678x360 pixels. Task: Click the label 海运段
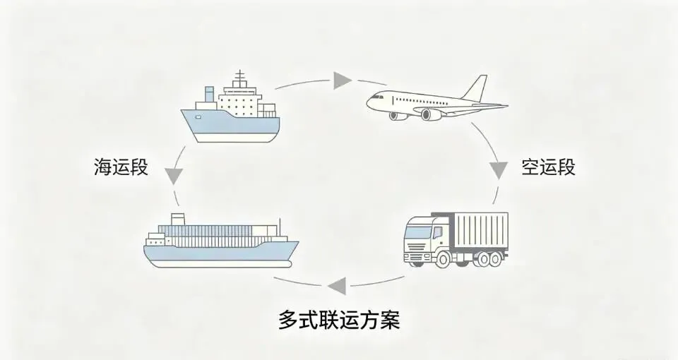pyautogui.click(x=121, y=167)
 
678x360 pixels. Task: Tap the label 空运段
pyautogui.click(x=549, y=167)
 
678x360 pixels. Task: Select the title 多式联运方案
pyautogui.click(x=339, y=320)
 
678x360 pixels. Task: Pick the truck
pyautogui.click(x=456, y=239)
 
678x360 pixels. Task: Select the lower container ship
pyautogui.click(x=220, y=244)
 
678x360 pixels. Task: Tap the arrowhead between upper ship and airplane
pyautogui.click(x=343, y=79)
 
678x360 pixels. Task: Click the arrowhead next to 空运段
pyautogui.click(x=499, y=169)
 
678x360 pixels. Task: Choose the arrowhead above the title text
pyautogui.click(x=336, y=285)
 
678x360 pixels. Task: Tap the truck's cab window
pyautogui.click(x=420, y=231)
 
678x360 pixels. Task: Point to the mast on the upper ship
pyautogui.click(x=240, y=77)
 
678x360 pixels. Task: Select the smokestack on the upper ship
pyautogui.click(x=209, y=94)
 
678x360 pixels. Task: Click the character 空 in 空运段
pyautogui.click(x=530, y=167)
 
